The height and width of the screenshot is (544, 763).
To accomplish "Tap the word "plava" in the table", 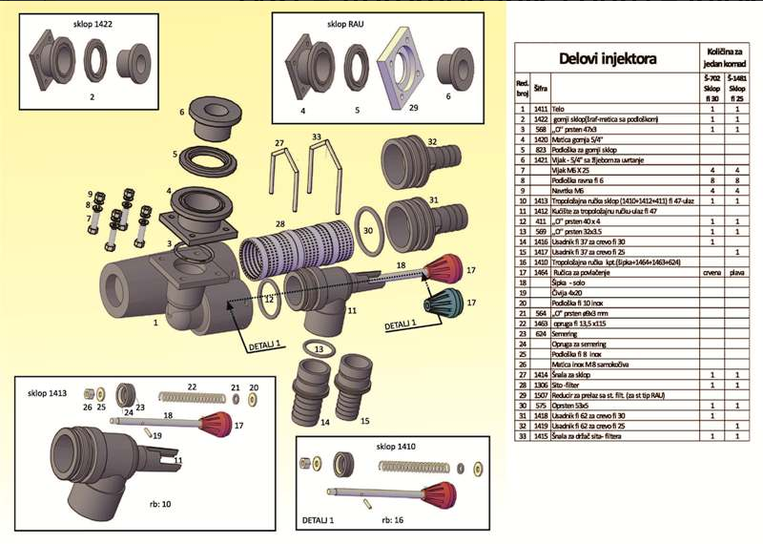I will click(735, 272).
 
